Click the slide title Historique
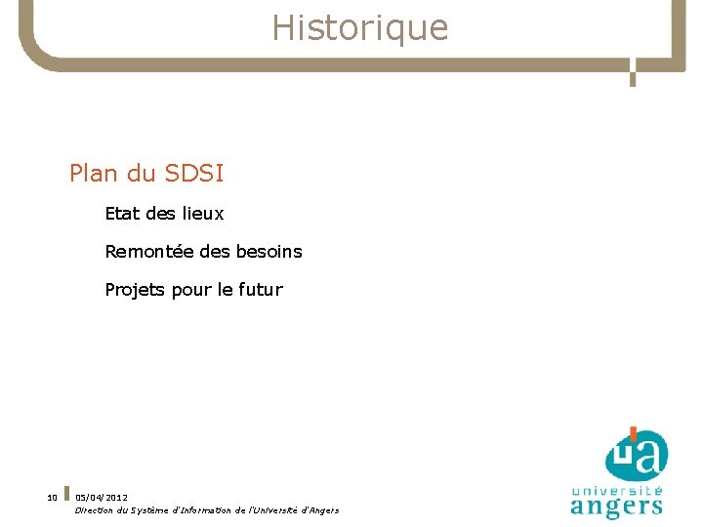pos(359,28)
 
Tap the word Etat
pos(122,213)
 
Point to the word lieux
pos(203,213)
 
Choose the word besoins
pos(269,252)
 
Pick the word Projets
pos(135,290)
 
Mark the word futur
pos(260,290)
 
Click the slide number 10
pos(52,498)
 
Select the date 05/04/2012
pos(101,498)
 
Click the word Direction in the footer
pos(94,510)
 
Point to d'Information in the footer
pos(211,510)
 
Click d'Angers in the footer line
pos(319,510)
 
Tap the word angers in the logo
pos(616,506)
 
